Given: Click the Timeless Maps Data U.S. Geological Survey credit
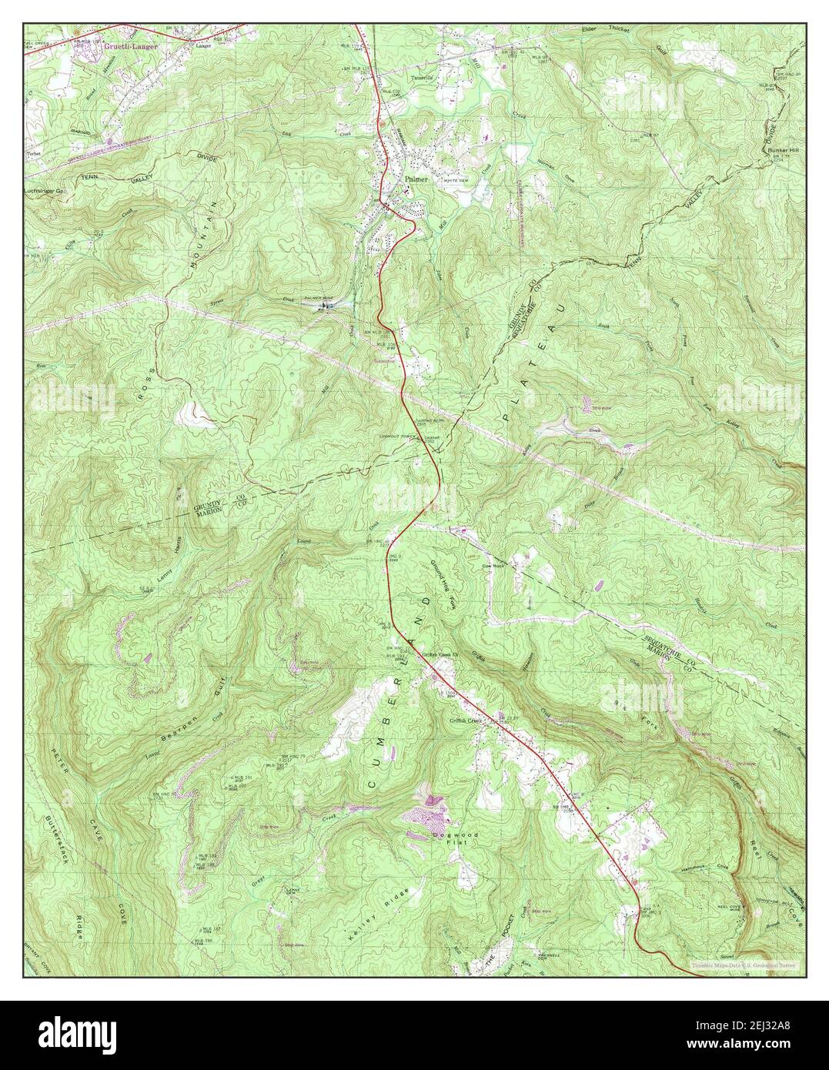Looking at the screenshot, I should point(742,964).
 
